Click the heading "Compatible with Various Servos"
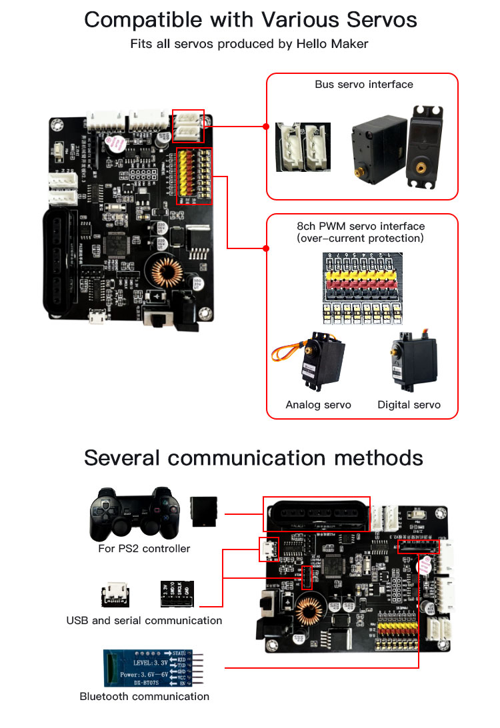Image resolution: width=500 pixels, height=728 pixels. pos(250,19)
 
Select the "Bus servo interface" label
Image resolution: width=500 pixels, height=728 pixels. pos(364,85)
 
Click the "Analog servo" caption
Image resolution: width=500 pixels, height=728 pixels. pos(318,404)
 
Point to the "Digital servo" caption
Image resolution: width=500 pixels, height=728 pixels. pos(409,404)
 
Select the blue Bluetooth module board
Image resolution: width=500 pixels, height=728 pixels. pos(151,666)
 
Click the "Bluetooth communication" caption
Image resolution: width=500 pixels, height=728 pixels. pos(145,697)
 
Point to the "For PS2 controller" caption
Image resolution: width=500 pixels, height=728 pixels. pos(144,549)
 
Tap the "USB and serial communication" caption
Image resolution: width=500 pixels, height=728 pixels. pos(144,620)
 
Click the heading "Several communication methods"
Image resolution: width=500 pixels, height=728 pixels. pos(253,458)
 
